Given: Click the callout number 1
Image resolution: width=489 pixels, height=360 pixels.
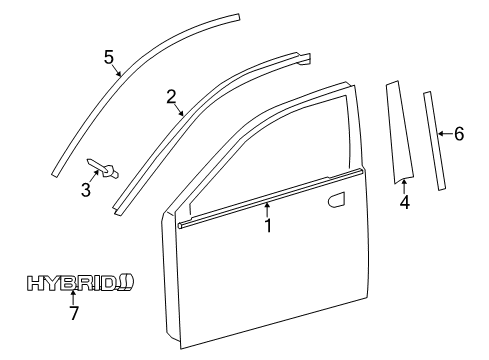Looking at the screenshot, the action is [268, 227].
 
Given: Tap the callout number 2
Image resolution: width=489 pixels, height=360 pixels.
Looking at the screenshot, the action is [171, 96].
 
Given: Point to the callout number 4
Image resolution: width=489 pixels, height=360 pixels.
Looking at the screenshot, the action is [404, 203].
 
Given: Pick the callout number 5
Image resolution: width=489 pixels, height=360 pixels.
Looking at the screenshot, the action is [109, 56].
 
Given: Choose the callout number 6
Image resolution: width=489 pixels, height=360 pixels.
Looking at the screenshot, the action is [459, 133].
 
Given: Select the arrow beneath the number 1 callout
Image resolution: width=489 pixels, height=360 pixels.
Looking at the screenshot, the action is [268, 211].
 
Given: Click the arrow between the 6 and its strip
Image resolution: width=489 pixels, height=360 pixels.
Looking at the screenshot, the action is [445, 133].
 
